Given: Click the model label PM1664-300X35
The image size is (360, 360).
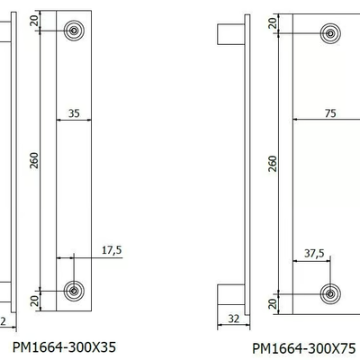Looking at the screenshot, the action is pos(64,347).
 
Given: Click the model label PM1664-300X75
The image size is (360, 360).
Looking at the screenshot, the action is pos(304,348).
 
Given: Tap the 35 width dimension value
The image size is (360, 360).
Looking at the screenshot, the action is pos(74,113).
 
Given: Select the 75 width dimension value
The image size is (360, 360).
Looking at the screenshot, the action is pos(330,113).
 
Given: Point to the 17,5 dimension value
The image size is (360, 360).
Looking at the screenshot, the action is pos(112,250).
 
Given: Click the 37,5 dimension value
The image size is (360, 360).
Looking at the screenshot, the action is pos(314,254).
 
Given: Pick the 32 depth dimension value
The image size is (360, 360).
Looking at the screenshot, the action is pos(234,319).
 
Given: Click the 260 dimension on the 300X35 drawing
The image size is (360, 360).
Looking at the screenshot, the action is pos(35,160).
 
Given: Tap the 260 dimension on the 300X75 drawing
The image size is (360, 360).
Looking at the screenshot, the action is pos(273,164).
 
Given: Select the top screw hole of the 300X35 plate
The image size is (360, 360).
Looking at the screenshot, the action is pos(74,31).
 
